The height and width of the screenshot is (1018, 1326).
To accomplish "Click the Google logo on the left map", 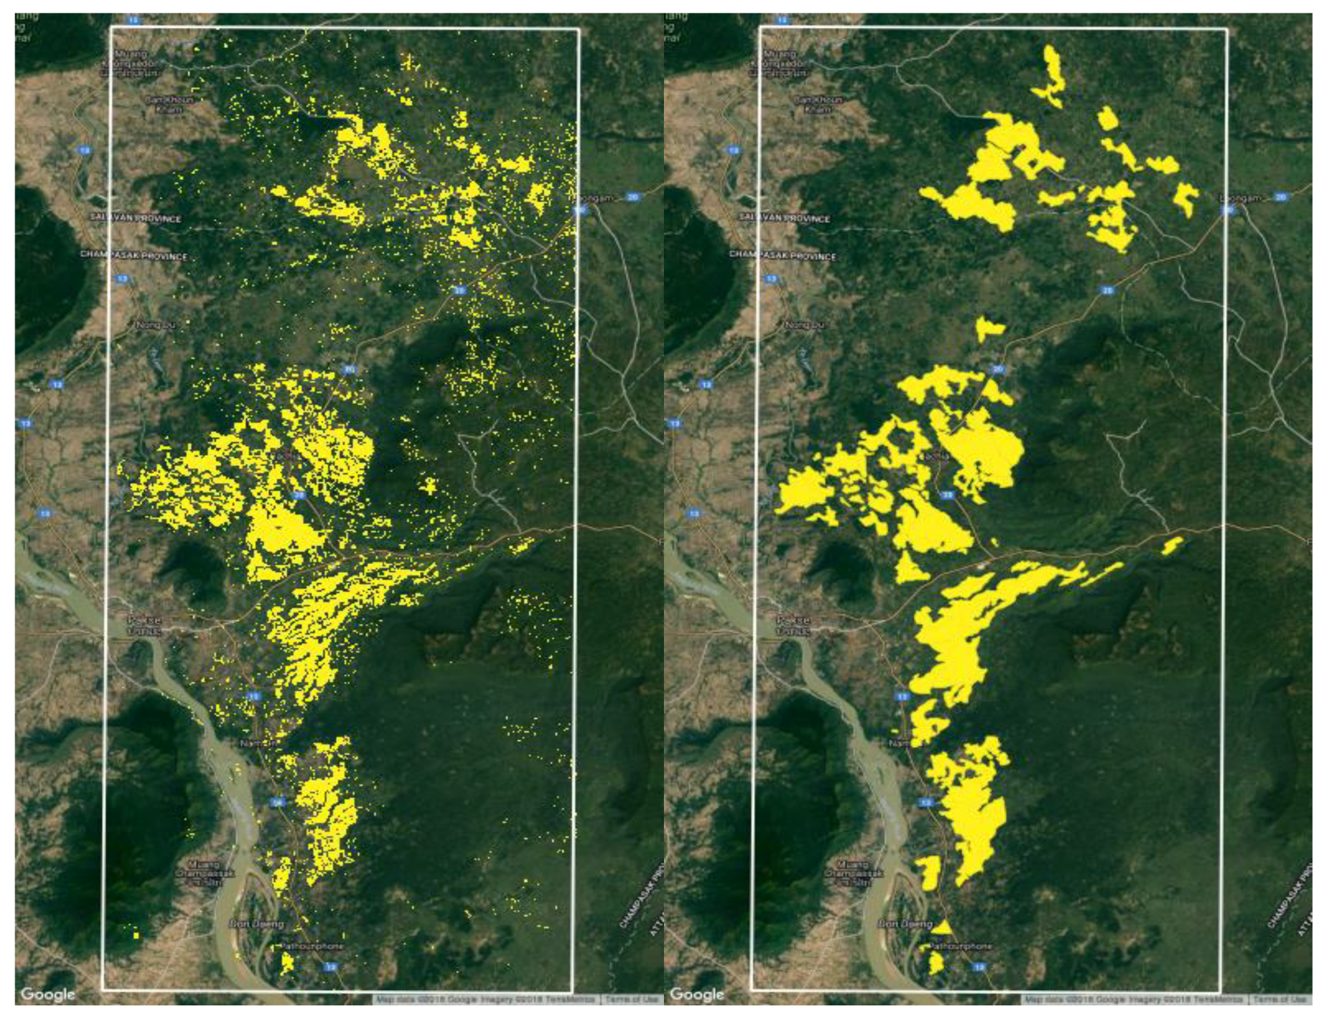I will [47, 993].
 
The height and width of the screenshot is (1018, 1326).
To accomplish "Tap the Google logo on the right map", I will [697, 993].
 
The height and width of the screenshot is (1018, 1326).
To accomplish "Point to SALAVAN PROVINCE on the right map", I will [787, 218].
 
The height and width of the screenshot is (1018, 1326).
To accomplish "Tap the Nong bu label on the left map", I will [155, 325].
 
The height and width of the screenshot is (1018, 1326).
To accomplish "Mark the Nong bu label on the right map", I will [805, 325].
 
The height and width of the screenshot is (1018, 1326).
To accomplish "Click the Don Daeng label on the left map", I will [257, 924].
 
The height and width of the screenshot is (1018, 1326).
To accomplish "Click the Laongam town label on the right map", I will [1240, 198].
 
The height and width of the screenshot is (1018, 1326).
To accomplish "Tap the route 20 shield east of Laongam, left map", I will [632, 197].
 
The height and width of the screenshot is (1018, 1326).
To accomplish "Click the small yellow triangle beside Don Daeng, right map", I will [943, 927].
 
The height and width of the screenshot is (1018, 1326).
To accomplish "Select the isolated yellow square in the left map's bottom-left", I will [136, 935].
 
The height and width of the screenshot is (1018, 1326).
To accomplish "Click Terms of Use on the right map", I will [1279, 999].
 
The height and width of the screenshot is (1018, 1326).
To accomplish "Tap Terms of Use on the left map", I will [630, 999].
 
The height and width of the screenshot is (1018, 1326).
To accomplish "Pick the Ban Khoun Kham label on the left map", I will [170, 104].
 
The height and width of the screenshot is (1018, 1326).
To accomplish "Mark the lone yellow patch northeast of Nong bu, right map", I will [989, 328].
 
